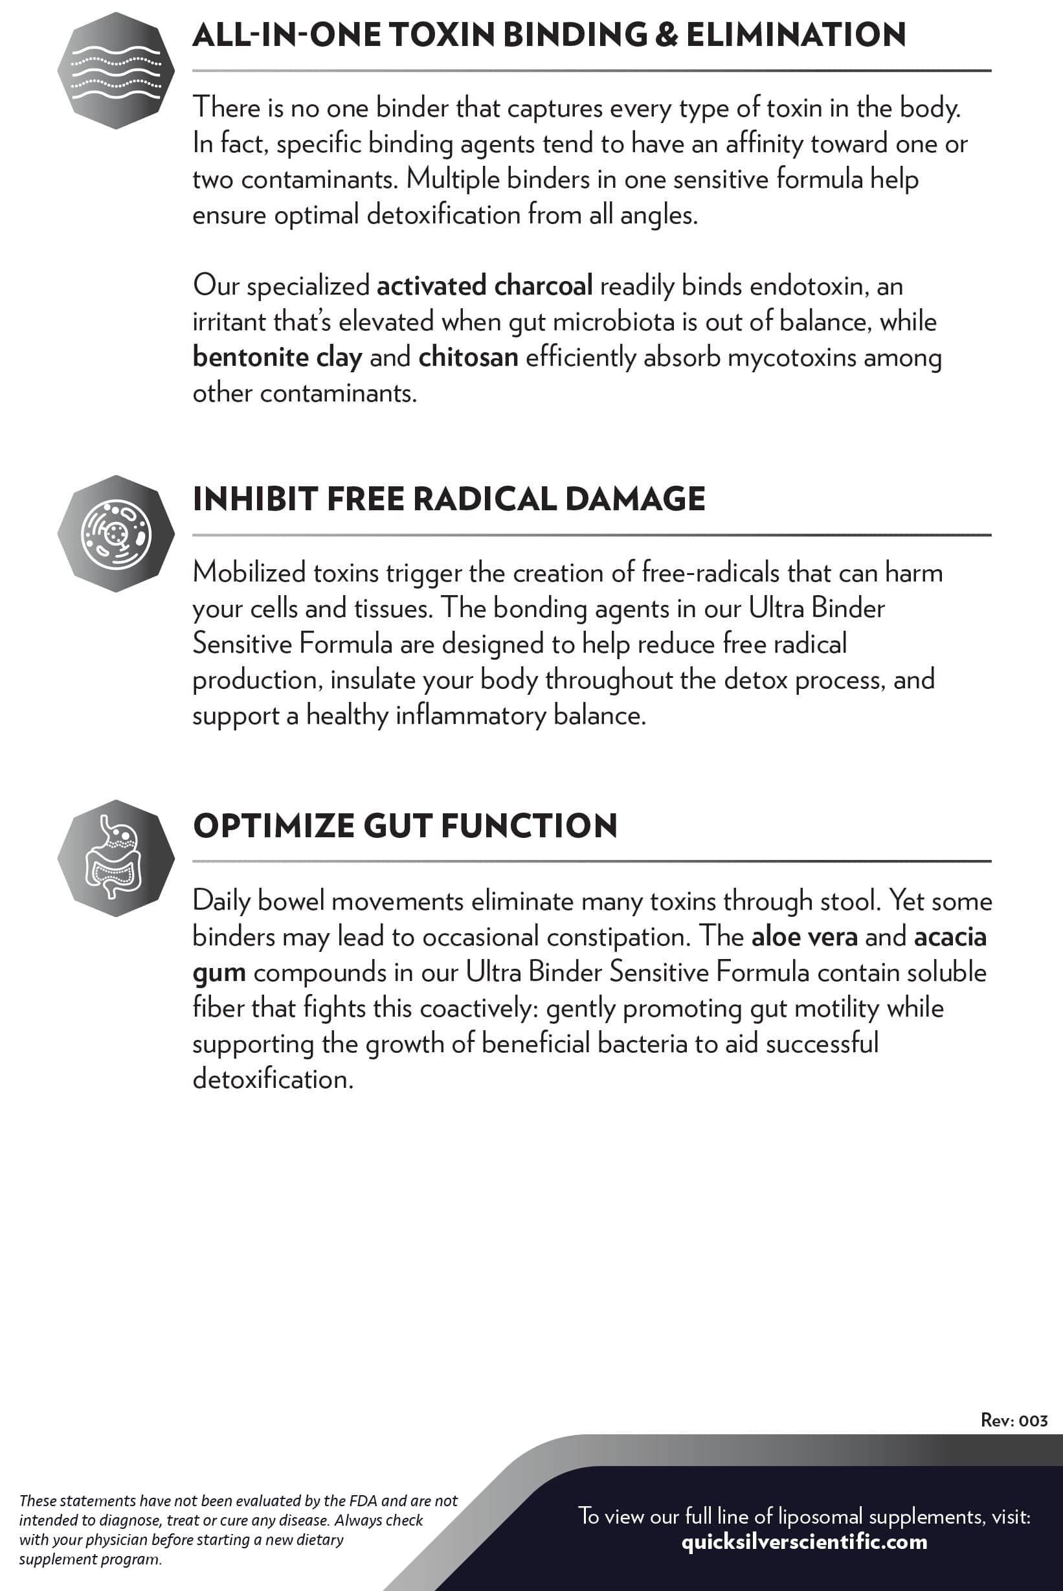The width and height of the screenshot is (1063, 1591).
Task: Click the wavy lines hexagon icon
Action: [x=116, y=71]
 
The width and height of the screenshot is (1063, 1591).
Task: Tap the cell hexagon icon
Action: [x=116, y=534]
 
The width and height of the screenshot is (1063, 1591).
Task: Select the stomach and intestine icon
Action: [x=116, y=858]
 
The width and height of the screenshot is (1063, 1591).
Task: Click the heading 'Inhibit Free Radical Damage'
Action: [x=449, y=499]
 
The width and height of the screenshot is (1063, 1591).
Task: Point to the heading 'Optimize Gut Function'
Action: [x=405, y=826]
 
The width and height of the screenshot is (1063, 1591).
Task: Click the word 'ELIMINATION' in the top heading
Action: [x=796, y=35]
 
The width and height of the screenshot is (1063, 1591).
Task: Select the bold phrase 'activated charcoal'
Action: [x=485, y=286]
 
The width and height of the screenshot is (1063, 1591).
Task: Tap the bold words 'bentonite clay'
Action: [x=277, y=357]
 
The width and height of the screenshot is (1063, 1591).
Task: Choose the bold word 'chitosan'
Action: [x=469, y=357]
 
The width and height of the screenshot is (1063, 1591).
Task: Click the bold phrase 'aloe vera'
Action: [x=804, y=937]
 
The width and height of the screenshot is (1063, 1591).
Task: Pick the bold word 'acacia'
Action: [x=950, y=937]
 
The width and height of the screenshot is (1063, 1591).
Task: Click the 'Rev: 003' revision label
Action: [x=1014, y=1420]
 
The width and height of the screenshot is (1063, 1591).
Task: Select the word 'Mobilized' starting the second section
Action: [x=249, y=573]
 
